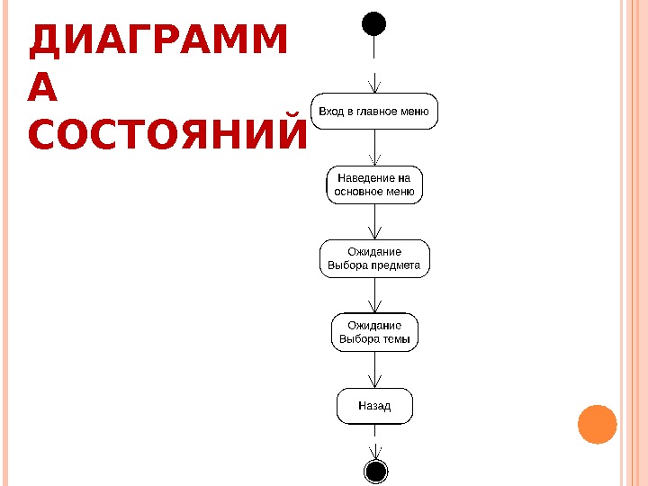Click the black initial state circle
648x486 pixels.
374,22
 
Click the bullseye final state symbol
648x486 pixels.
374,470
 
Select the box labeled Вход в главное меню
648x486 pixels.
374,112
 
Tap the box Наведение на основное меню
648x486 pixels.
374,184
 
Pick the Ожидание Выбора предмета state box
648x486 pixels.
374,258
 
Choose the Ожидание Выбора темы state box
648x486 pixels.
374,332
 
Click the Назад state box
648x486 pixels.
374,406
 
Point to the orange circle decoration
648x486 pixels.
596,425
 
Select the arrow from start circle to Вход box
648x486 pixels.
374,63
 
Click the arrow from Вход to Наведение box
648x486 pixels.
374,148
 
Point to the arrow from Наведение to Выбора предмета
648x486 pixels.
374,222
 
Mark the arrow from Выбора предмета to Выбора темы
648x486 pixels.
374,295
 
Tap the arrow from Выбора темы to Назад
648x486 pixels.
374,369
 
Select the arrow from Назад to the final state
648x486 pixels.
374,442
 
